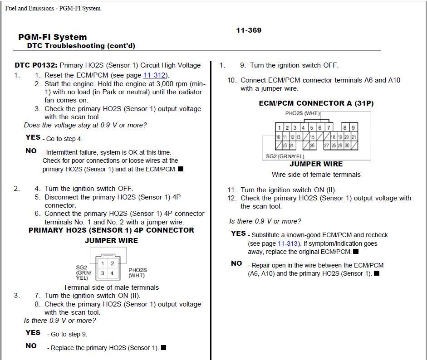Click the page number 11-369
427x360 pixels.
point(249,30)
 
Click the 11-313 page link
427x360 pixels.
point(287,243)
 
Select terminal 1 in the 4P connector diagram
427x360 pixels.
point(103,263)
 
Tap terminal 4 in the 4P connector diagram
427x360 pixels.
point(112,273)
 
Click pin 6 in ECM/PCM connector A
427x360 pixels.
point(320,128)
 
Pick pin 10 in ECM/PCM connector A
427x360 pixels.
point(278,137)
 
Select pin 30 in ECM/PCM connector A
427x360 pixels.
point(347,146)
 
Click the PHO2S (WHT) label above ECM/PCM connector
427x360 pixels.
point(302,113)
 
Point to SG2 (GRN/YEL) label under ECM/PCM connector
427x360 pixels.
point(285,156)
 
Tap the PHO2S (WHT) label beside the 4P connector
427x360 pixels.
point(137,272)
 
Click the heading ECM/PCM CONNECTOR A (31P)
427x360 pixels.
point(316,103)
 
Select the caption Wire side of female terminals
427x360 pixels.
point(316,175)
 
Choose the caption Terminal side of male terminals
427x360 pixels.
point(111,287)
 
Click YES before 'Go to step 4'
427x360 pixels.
point(33,137)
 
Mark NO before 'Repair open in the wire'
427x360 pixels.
point(236,263)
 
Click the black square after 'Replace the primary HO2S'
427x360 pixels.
point(164,348)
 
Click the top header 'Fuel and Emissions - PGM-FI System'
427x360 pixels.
point(53,8)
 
